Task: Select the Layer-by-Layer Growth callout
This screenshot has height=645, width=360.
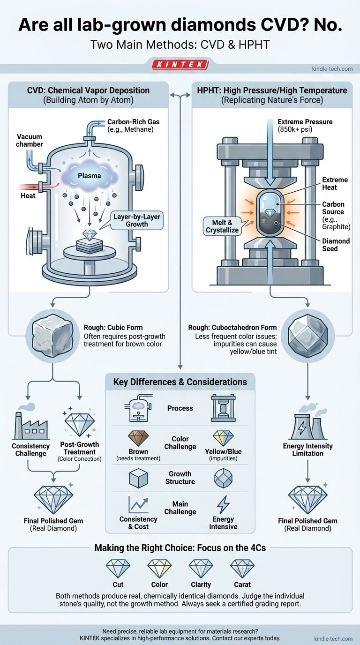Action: tap(137, 219)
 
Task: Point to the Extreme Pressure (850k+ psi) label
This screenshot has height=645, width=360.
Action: tap(305, 126)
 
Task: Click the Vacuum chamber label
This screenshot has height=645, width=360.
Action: tap(30, 140)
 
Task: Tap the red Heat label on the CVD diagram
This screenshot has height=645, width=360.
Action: tap(28, 195)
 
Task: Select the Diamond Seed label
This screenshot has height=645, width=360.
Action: tap(336, 245)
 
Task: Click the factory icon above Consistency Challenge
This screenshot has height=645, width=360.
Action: tap(30, 426)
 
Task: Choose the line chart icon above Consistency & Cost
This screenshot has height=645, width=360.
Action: tap(138, 505)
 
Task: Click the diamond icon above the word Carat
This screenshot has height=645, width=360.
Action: tap(242, 569)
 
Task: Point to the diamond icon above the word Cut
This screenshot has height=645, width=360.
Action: tap(118, 569)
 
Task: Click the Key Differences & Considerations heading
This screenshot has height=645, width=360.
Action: tap(180, 382)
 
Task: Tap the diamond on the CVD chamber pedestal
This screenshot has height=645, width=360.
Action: tap(89, 235)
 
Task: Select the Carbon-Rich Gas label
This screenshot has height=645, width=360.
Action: tap(133, 126)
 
